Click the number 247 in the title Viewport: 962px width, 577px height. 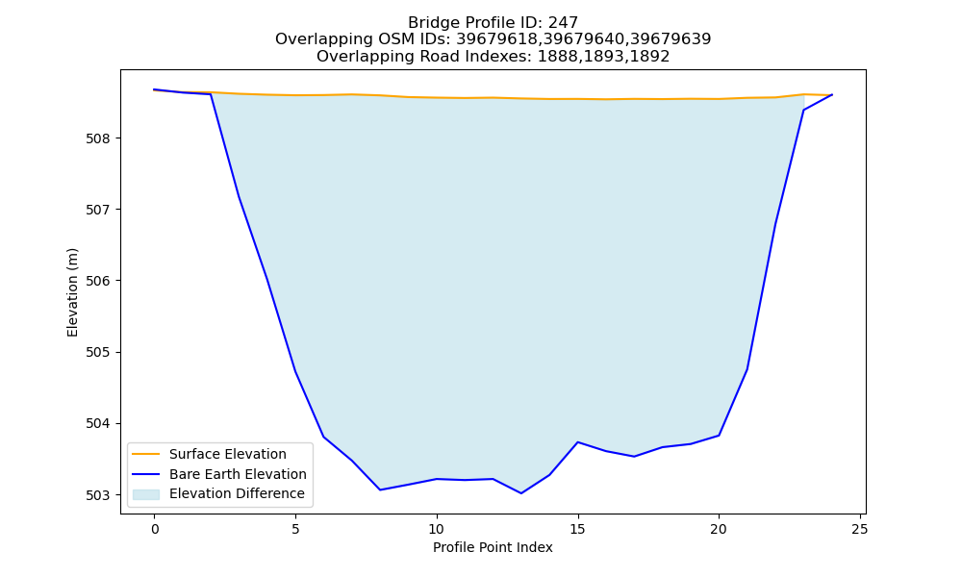(563, 23)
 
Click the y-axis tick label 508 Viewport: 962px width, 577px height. (97, 138)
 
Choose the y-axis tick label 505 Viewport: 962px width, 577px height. (97, 353)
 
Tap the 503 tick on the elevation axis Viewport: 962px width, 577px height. (97, 495)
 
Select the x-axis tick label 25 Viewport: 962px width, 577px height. (860, 529)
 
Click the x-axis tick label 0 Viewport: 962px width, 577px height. (155, 529)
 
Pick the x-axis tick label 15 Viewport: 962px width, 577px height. (578, 529)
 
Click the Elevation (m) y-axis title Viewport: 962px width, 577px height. (72, 292)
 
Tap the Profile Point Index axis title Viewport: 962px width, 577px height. (493, 547)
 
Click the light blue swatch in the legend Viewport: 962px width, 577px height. (146, 494)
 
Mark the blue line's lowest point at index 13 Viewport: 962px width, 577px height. (521, 493)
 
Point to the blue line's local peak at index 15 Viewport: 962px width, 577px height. (578, 442)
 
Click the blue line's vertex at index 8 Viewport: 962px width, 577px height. (380, 489)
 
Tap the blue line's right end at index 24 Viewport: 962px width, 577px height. (832, 94)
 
